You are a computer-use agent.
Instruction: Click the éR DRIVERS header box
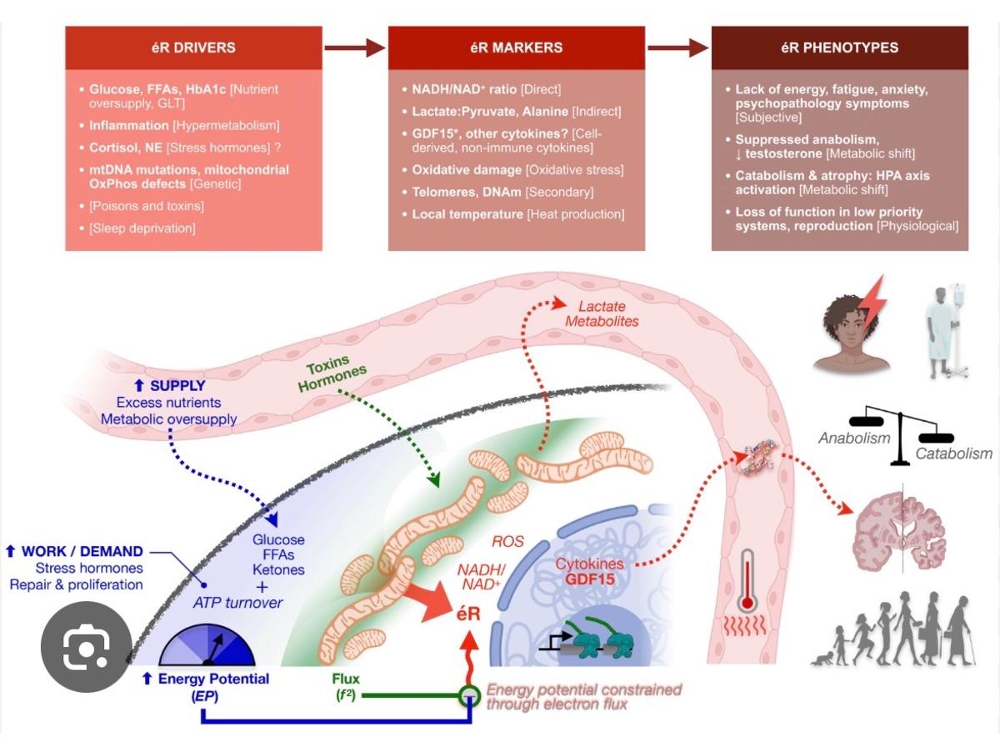(193, 48)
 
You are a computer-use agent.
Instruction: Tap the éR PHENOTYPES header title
(839, 48)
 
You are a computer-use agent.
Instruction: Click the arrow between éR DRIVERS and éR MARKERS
(355, 48)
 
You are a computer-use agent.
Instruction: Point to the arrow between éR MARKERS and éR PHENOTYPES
(678, 48)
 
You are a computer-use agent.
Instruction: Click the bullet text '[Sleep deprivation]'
(142, 228)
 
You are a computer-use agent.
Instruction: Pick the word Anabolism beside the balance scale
(854, 438)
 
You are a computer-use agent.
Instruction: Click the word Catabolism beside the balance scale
(953, 454)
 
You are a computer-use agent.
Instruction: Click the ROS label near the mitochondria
(507, 542)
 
